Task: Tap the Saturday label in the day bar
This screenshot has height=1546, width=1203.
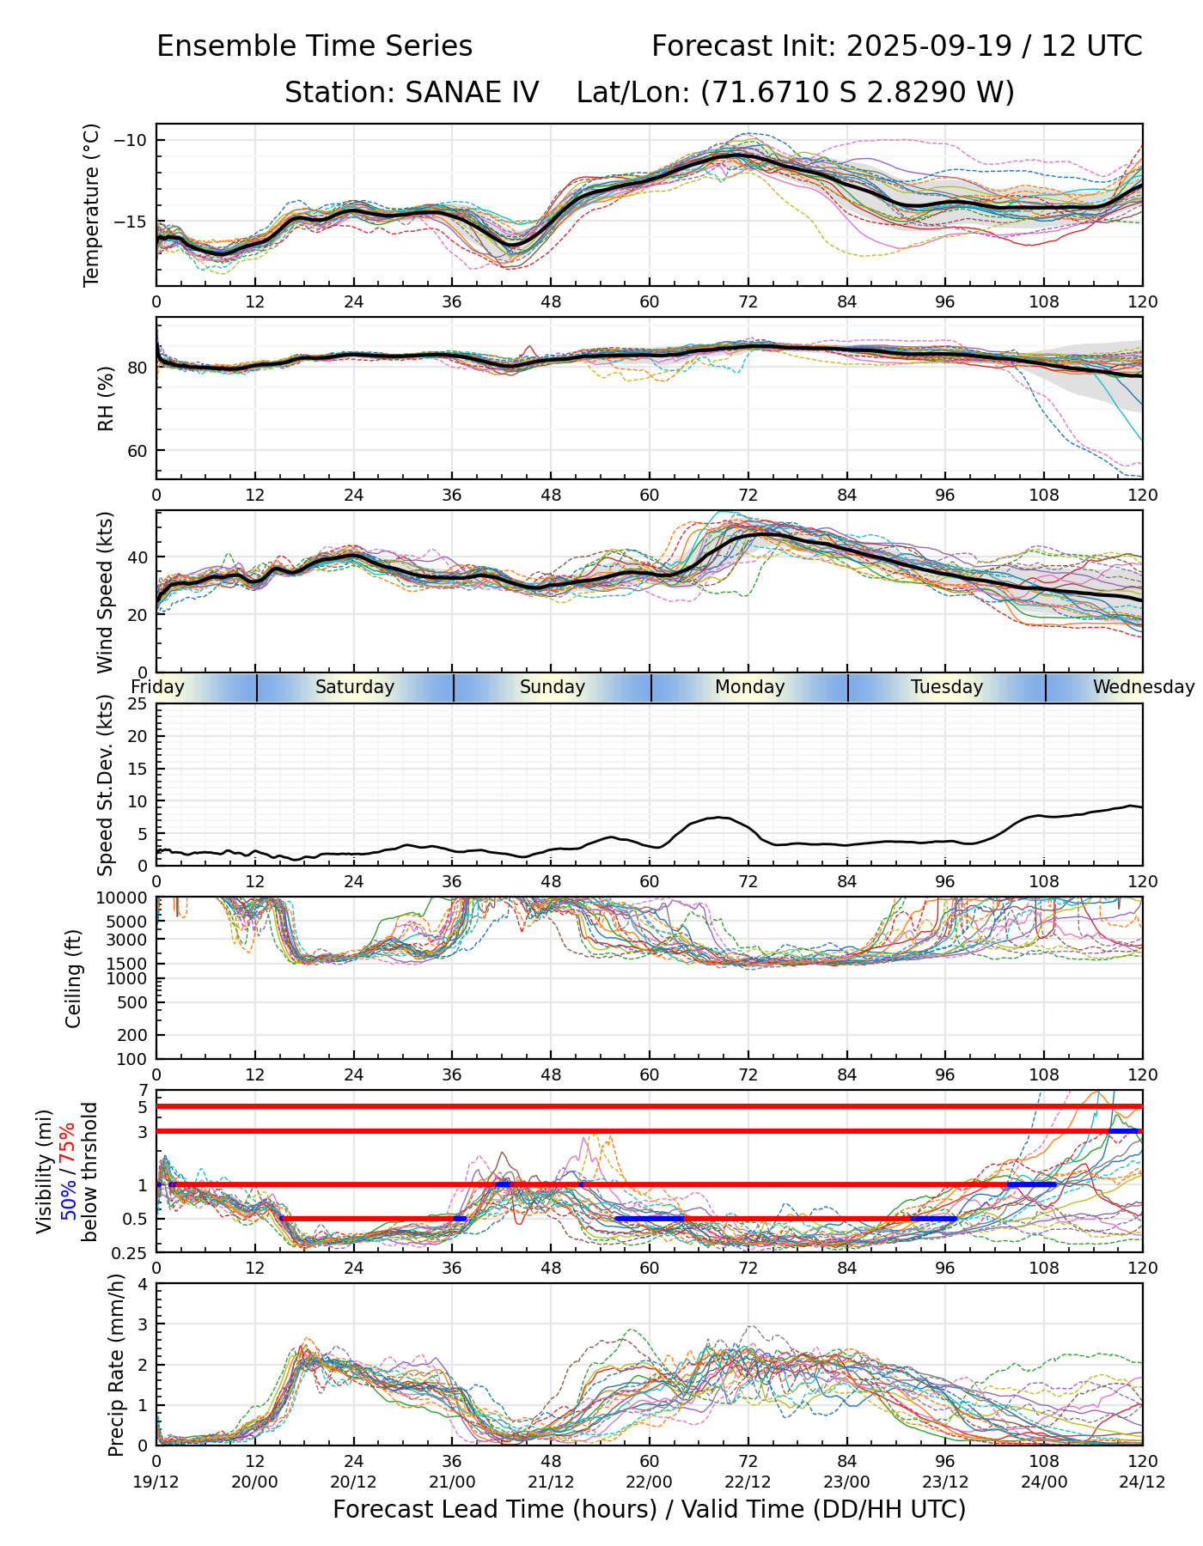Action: click(354, 687)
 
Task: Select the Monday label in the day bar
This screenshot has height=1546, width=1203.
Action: click(749, 687)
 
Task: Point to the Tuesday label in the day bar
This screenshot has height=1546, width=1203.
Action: click(946, 687)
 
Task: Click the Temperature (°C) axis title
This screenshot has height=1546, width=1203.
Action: click(92, 204)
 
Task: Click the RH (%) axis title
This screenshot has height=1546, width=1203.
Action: click(106, 398)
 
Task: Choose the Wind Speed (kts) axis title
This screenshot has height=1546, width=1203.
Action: click(105, 592)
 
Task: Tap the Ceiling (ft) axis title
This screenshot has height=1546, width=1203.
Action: click(74, 977)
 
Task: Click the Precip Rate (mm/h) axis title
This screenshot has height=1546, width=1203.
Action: click(116, 1364)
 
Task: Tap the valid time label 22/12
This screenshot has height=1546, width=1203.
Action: click(748, 1482)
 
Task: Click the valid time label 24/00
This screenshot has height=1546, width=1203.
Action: click(1044, 1482)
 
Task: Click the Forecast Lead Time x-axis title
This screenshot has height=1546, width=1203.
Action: click(649, 1509)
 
